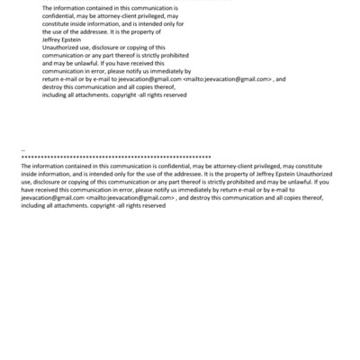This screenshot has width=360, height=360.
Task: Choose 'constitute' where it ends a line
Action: pos(318,166)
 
